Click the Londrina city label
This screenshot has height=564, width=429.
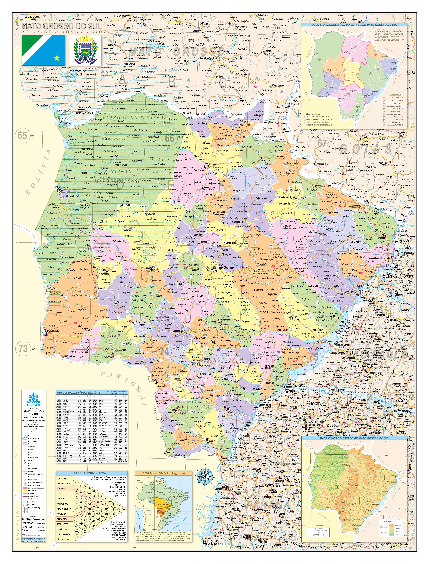375,433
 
